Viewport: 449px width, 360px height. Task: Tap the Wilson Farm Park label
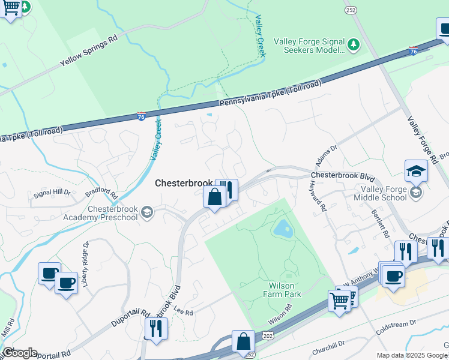(x=282, y=290)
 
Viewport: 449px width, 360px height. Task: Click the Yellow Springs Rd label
(x=88, y=52)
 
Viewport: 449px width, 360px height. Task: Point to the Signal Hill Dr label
(x=51, y=193)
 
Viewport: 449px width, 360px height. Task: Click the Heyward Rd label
(x=318, y=197)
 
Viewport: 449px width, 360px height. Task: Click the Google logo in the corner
(x=20, y=352)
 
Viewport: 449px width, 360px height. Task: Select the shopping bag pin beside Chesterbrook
(x=214, y=197)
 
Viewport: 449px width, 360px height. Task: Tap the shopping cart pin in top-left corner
(x=11, y=8)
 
